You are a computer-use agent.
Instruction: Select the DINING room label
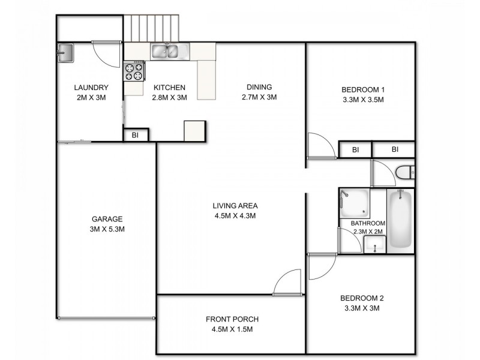(259, 87)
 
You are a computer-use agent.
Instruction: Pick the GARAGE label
(107, 219)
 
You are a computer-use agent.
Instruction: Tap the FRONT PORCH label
(232, 319)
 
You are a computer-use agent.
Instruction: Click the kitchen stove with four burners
(134, 72)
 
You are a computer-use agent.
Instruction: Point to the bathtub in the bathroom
(400, 220)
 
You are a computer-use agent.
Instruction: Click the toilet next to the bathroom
(405, 173)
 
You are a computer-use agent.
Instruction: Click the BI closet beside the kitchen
(136, 135)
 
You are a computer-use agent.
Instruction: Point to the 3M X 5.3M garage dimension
(107, 229)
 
